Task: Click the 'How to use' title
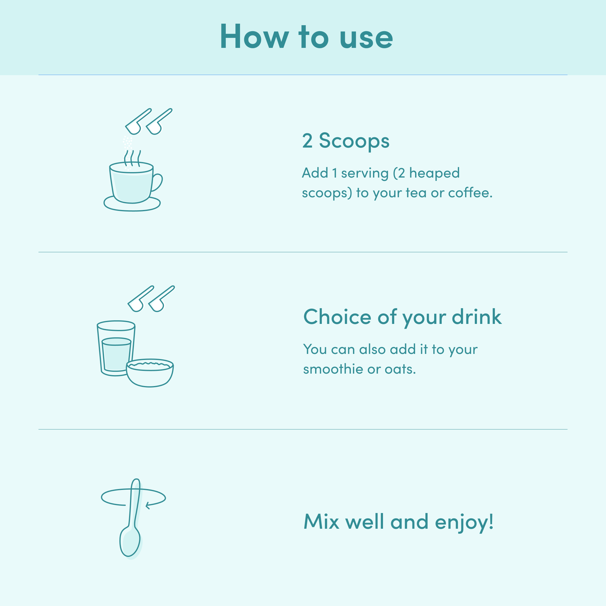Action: pos(306,37)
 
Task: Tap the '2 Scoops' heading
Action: pos(346,141)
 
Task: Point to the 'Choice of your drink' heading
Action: pos(402,317)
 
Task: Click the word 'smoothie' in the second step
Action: pos(333,369)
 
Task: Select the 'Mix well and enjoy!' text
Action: pos(399,522)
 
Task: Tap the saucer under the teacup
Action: pos(132,205)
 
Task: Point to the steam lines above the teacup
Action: pos(132,158)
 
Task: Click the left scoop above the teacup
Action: pos(138,122)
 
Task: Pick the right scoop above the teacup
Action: pos(159,122)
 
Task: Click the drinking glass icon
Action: pos(116,348)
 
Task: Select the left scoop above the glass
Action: pos(140,299)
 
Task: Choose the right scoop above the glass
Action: pos(161,299)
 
